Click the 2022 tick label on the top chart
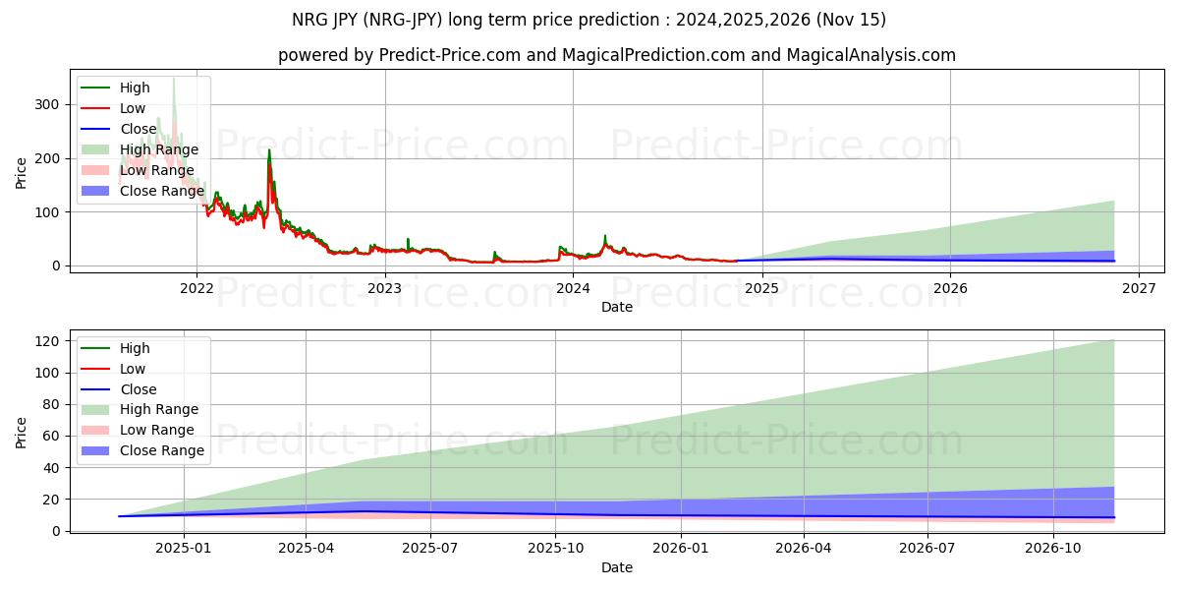pos(196,288)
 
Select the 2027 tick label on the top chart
pos(1138,288)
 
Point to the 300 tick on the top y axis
pos(46,104)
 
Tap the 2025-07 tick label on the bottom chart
pos(431,549)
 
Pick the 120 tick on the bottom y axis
pos(46,341)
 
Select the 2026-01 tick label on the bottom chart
pos(680,549)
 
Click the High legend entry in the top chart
pos(134,88)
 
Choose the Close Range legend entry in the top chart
pos(161,191)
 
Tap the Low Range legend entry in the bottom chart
pos(157,430)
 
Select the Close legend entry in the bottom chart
pos(139,389)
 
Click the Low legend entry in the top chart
pos(133,108)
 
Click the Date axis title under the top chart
pos(616,307)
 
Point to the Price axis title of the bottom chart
pos(22,432)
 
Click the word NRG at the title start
pos(310,20)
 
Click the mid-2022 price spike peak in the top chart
pos(269,150)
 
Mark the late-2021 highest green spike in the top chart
pos(174,78)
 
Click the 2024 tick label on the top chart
pos(573,288)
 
